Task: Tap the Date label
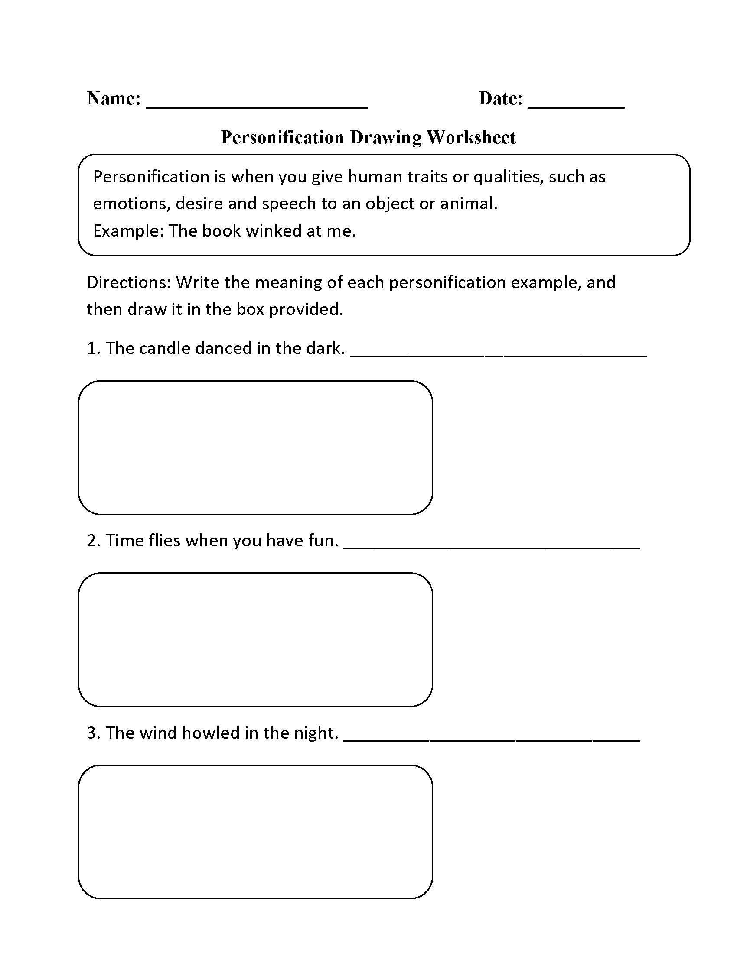[500, 99]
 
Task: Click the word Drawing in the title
[385, 137]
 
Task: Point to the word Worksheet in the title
[471, 137]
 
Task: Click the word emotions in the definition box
[130, 204]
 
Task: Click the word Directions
[128, 282]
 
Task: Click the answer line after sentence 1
[499, 356]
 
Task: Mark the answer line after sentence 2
[492, 548]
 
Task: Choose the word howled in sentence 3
[210, 733]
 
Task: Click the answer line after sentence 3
[492, 740]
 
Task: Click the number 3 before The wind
[91, 733]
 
